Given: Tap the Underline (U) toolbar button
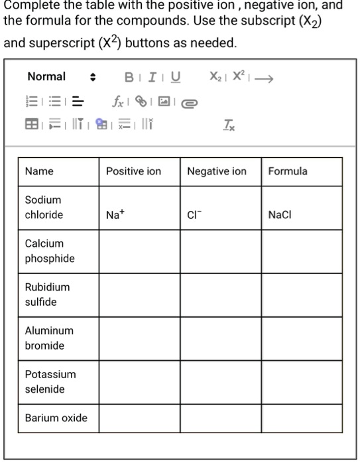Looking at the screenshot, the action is click(x=174, y=77).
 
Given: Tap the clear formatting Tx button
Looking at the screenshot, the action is click(x=228, y=123).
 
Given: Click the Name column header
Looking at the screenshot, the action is click(x=39, y=171).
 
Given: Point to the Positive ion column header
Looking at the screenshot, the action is click(x=133, y=171).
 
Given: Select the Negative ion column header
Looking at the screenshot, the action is click(x=216, y=171).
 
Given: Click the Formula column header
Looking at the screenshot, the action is click(x=288, y=171).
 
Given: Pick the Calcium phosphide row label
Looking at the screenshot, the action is click(x=50, y=251).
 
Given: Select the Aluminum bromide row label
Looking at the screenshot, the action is click(x=49, y=338).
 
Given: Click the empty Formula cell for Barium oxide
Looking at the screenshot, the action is click(x=302, y=418).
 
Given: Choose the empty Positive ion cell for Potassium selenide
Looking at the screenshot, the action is click(x=139, y=381).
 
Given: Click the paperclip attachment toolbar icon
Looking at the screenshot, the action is click(x=189, y=102).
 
